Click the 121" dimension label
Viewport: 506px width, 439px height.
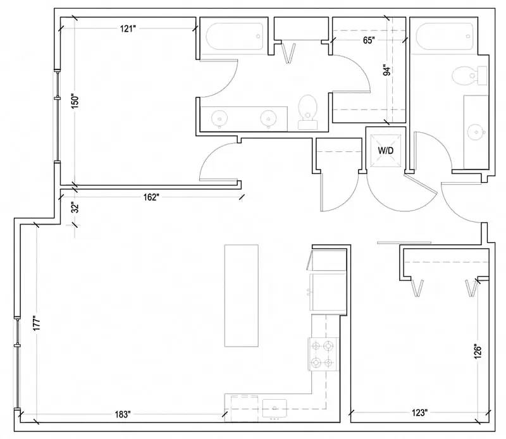(x=128, y=29)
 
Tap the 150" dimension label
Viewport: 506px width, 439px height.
(x=75, y=102)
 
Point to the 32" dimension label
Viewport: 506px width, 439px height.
(x=75, y=208)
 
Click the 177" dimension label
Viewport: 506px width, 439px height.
(x=37, y=323)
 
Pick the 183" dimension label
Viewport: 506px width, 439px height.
(x=123, y=414)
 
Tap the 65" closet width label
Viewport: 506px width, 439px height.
(x=369, y=40)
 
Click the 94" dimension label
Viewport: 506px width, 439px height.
(x=386, y=71)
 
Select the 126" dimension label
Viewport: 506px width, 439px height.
(x=478, y=352)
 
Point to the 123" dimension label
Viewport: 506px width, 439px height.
(x=419, y=412)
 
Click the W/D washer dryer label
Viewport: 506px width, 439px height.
(x=386, y=151)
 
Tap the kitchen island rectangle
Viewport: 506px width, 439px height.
(x=242, y=295)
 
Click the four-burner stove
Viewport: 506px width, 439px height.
(x=323, y=354)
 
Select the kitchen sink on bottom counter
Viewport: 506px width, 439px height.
(x=275, y=408)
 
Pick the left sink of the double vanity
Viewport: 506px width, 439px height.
(x=219, y=118)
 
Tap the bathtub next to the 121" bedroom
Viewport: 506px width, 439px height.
(x=235, y=37)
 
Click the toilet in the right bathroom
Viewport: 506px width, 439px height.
(x=469, y=76)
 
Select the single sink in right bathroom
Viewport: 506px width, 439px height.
(x=476, y=132)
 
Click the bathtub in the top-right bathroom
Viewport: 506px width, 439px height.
(x=445, y=37)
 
